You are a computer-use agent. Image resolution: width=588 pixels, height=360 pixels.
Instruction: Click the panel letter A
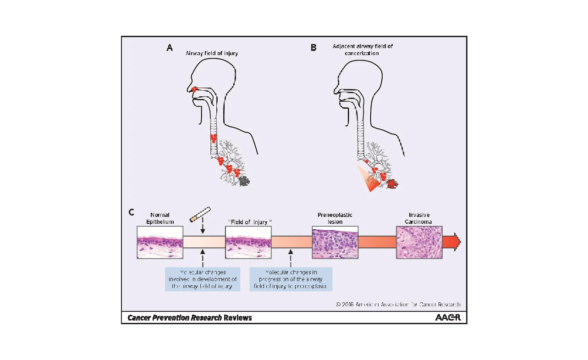click(x=170, y=48)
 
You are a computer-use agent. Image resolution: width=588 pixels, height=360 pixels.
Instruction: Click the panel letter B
click(x=313, y=48)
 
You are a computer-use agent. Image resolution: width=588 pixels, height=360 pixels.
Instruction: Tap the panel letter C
click(x=131, y=212)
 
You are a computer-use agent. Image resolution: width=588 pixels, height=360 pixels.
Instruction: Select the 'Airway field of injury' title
click(x=212, y=54)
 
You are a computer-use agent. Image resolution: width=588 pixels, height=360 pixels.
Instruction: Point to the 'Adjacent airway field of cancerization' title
click(x=363, y=50)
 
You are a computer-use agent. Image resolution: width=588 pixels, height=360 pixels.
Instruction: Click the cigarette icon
click(x=201, y=214)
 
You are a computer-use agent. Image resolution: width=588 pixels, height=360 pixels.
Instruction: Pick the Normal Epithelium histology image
click(x=160, y=242)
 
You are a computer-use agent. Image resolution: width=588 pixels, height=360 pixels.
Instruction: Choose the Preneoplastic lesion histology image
click(x=335, y=242)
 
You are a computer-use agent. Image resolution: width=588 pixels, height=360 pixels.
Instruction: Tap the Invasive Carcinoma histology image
click(x=419, y=242)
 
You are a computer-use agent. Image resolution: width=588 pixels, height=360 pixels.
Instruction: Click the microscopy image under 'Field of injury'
click(x=248, y=242)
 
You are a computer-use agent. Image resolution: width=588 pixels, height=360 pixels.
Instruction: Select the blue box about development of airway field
click(x=202, y=279)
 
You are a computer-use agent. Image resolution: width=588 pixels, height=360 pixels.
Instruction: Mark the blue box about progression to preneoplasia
click(x=291, y=279)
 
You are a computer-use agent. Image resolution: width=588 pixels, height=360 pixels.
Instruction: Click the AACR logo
click(x=447, y=317)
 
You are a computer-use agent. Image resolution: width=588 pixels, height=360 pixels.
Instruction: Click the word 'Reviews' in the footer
click(x=238, y=317)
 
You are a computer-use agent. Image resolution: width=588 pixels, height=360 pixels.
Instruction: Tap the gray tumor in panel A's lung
click(x=243, y=181)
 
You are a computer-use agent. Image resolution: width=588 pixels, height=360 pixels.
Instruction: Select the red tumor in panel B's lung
click(x=392, y=184)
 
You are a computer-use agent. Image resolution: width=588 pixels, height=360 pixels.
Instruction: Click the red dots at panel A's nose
click(x=194, y=89)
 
